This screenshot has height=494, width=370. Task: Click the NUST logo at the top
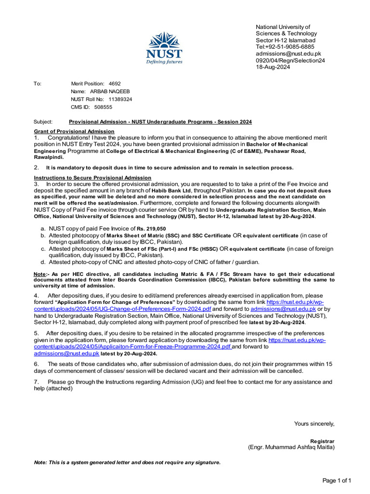[164, 48]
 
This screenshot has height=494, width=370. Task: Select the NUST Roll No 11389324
[120, 99]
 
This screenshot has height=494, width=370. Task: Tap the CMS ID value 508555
[103, 107]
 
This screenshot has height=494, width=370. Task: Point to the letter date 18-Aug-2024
[273, 68]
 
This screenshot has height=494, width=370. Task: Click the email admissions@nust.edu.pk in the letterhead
[288, 54]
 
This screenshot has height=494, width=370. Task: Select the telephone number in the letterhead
[285, 47]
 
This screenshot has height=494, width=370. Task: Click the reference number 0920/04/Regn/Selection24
[290, 61]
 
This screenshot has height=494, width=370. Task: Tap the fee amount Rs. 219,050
[151, 229]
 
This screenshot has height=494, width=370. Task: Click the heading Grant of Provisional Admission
[74, 132]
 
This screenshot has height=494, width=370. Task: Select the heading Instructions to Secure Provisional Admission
[92, 178]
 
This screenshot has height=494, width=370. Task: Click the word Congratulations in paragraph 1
[69, 137]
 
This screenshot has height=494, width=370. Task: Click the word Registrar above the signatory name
[322, 441]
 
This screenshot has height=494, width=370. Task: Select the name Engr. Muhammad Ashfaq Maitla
[291, 447]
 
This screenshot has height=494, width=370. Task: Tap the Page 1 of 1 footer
[337, 480]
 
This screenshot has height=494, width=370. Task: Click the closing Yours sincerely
[314, 424]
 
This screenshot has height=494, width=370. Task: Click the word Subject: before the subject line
[43, 122]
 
